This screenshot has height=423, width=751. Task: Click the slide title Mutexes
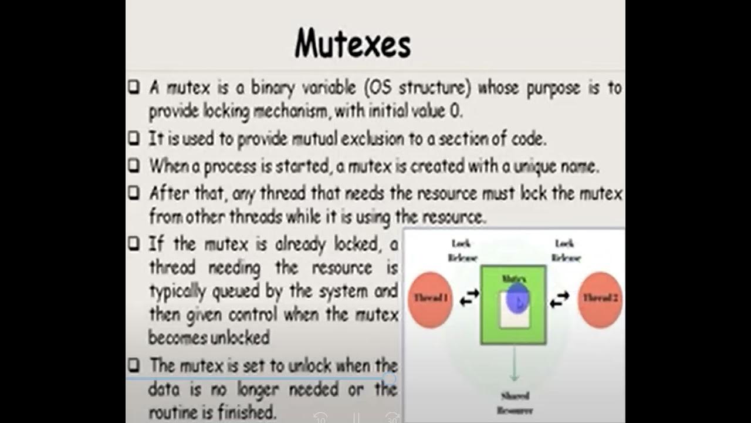pos(353,43)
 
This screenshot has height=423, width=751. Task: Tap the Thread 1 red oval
pos(429,299)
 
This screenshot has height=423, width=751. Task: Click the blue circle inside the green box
pos(517,298)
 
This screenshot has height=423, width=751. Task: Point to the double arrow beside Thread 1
pos(469,299)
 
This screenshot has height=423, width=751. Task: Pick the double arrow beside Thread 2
pos(560,299)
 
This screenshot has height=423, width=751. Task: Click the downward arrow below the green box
pos(514,364)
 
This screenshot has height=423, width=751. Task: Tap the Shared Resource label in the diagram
pos(515,403)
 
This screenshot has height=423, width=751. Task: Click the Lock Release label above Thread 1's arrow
pos(462,250)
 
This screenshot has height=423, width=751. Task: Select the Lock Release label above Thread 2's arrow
pos(565,250)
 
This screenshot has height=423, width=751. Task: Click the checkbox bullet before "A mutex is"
pos(134,88)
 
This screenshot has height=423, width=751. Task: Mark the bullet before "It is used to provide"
pos(134,139)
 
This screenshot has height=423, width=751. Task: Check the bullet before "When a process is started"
pos(134,166)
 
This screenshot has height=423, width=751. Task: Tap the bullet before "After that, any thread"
pos(134,192)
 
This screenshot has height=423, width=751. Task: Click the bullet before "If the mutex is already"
pos(134,243)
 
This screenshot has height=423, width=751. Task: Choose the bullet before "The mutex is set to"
pos(134,365)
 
